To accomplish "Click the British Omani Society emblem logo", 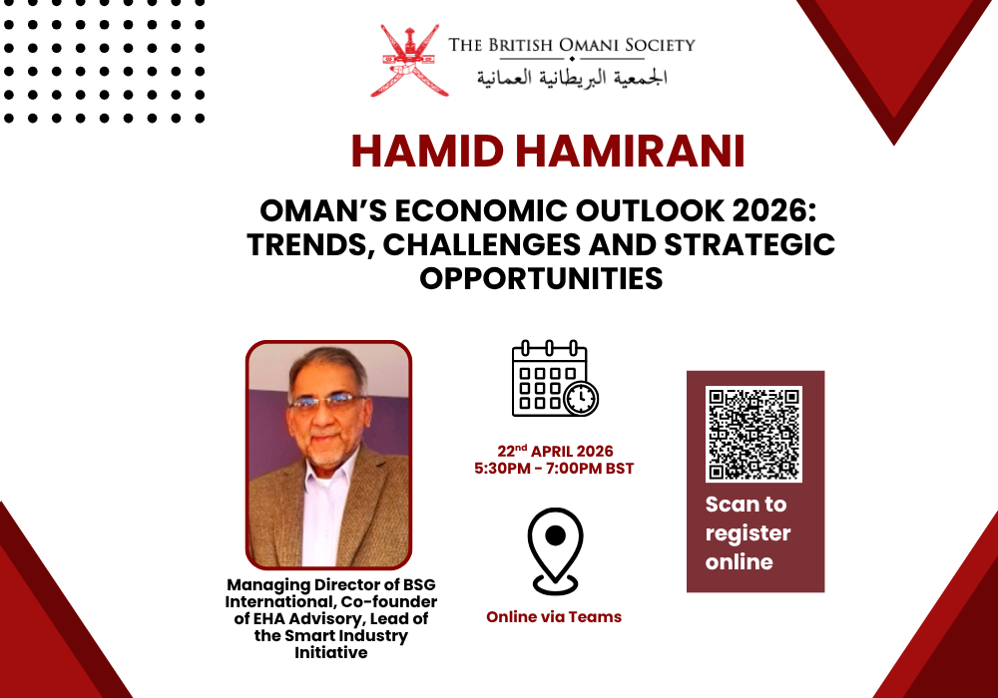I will (x=408, y=61).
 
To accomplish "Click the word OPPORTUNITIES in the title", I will (x=541, y=277).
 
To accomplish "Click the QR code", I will (x=754, y=434).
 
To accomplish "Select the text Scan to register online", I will (x=748, y=532).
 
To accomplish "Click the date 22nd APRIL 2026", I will (x=555, y=451).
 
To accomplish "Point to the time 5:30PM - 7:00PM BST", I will (x=554, y=469).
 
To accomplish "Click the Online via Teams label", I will (x=554, y=617).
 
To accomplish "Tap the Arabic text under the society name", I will (x=571, y=77).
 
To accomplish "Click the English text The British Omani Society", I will (x=571, y=45).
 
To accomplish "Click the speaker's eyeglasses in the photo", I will (x=328, y=402).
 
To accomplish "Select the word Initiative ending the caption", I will (x=330, y=653).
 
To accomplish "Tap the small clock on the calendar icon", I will (x=580, y=398).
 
